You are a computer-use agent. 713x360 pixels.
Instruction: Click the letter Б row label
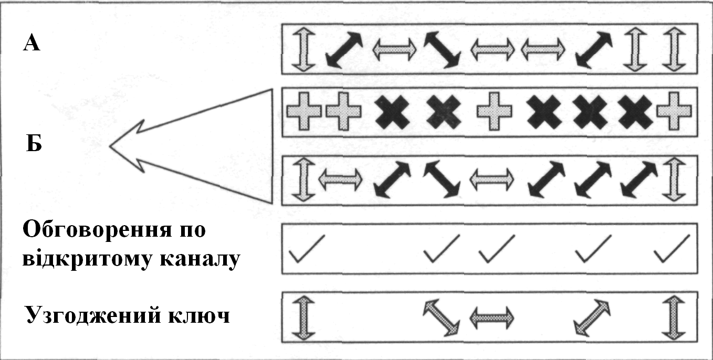click(x=34, y=143)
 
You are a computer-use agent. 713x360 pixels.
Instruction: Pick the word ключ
click(x=202, y=316)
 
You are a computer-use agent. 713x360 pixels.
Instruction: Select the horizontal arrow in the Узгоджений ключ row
click(x=491, y=317)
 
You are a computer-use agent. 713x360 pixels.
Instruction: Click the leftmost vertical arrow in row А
click(x=302, y=50)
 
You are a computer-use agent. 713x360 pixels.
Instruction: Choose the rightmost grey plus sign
click(x=674, y=112)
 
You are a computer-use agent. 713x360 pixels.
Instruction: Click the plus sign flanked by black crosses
click(x=493, y=112)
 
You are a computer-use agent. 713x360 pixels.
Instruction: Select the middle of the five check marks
click(x=496, y=248)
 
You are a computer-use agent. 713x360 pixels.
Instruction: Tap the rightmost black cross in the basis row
click(x=637, y=112)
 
